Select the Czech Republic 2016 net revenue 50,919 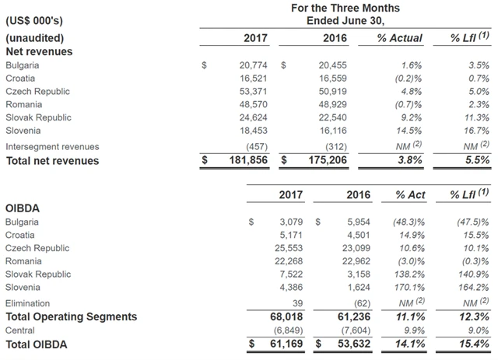click(x=331, y=92)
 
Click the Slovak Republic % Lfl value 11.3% click(x=475, y=117)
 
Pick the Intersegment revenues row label click(x=52, y=146)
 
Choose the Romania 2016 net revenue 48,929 click(x=331, y=104)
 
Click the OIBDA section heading click(x=23, y=208)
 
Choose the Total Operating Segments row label click(x=71, y=316)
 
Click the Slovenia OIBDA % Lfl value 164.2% click(x=473, y=287)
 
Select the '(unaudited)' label click(x=34, y=37)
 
